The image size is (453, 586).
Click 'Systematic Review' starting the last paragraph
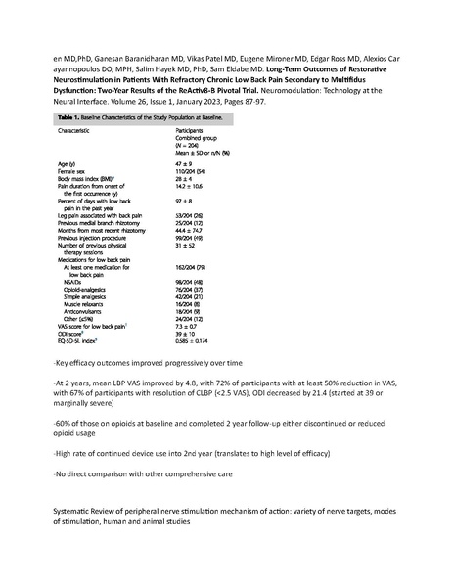click(x=87, y=513)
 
